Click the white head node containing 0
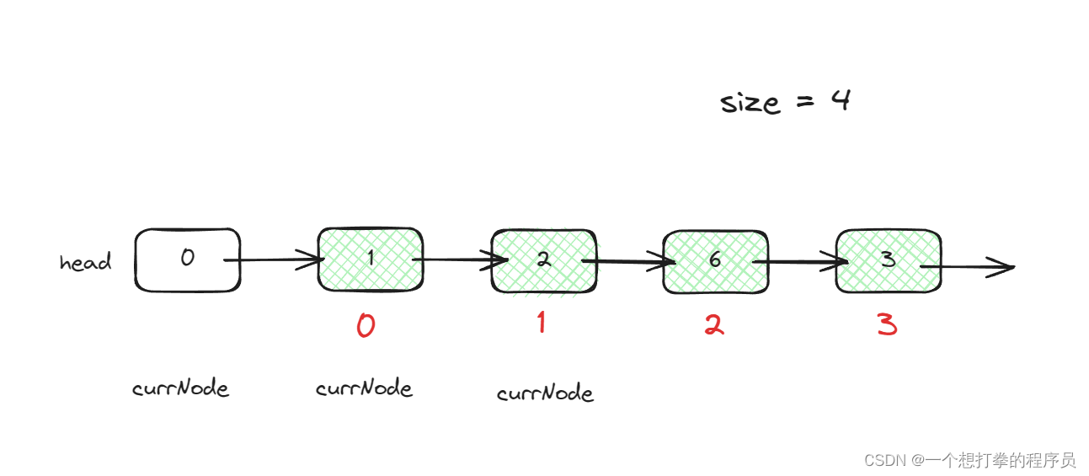coord(187,259)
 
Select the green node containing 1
coord(370,259)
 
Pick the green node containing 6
coord(715,261)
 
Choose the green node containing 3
coord(888,260)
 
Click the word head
coord(85,262)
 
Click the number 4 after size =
coord(840,101)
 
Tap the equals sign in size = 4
coord(803,104)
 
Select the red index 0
coord(366,325)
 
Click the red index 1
coord(541,322)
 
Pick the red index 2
coord(713,325)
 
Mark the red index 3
coord(887,325)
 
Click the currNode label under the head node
coord(180,388)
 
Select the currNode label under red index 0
coord(364,388)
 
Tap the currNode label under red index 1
coord(545,393)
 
